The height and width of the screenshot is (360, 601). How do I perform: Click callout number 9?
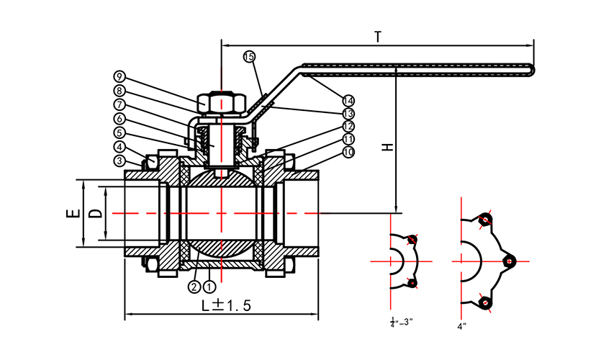point(119,76)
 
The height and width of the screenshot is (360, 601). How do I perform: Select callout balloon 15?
point(249,56)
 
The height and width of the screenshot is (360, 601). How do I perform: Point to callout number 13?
point(348,114)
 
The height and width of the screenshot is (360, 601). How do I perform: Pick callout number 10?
point(348,152)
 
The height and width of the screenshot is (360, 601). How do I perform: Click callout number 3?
point(119,160)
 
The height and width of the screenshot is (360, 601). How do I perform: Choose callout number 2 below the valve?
point(194,287)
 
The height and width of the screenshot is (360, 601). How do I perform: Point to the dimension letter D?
point(94,214)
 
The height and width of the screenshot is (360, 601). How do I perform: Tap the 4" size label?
point(462,325)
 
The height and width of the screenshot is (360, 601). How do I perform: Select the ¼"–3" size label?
point(401,322)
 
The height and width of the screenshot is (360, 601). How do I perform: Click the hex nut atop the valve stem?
point(222,103)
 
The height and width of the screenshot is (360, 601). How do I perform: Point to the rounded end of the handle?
point(533,69)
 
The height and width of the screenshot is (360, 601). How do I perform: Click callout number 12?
point(348,126)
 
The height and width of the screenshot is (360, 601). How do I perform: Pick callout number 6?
point(119,118)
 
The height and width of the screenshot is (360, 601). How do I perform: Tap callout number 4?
point(119,147)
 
